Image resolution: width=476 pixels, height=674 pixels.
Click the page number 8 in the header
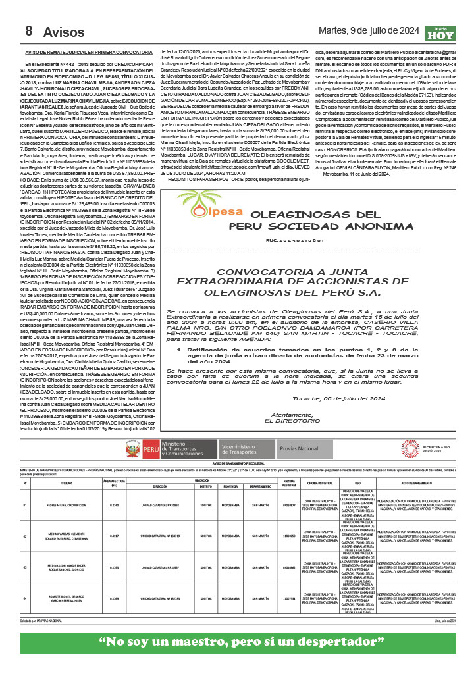pos(29,31)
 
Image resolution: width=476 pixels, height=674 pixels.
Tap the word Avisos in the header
pos(65,32)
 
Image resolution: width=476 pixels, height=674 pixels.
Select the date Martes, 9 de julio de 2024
pos(369,30)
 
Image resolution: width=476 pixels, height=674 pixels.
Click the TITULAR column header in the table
pos(66,483)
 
